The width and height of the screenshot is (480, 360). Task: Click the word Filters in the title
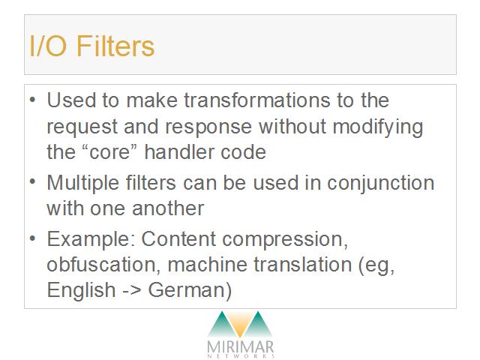click(115, 46)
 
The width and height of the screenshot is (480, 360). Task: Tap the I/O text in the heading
click(48, 46)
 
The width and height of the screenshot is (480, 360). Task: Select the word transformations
click(257, 100)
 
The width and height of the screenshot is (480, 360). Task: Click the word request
click(82, 127)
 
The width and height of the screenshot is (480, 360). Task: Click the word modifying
click(378, 127)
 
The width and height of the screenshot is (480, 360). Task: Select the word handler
click(179, 151)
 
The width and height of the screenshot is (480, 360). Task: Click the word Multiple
click(82, 183)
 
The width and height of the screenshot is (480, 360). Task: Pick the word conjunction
click(380, 183)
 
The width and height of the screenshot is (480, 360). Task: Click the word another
click(168, 208)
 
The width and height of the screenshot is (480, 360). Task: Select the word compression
click(285, 240)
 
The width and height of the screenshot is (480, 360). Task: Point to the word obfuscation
click(103, 264)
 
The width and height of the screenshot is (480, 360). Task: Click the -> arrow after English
click(132, 290)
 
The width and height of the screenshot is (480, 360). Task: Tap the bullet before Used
click(33, 100)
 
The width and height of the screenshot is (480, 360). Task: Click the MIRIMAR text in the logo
click(240, 347)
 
